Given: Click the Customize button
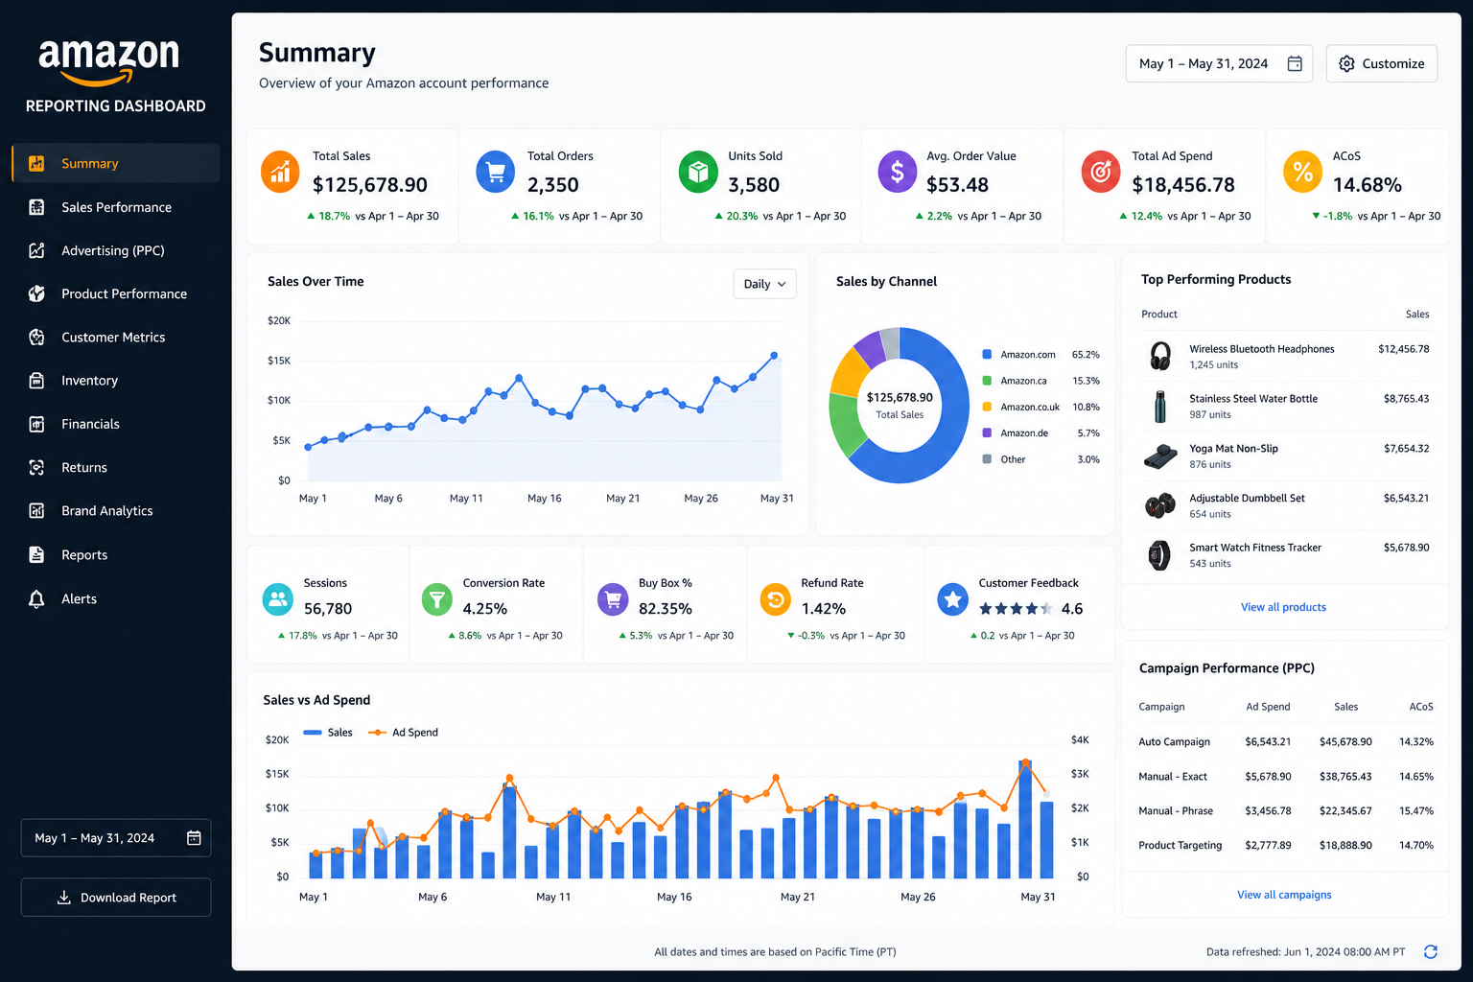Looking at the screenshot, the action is pyautogui.click(x=1382, y=64).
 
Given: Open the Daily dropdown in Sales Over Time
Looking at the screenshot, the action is pyautogui.click(x=764, y=284).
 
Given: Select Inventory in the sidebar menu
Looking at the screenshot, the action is pyautogui.click(x=89, y=380).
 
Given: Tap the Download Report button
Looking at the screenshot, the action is pyautogui.click(x=116, y=898).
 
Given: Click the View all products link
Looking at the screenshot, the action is pyautogui.click(x=1283, y=607).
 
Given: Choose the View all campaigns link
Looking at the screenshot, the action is pyautogui.click(x=1284, y=895).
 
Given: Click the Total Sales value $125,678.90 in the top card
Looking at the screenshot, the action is pyautogui.click(x=369, y=185).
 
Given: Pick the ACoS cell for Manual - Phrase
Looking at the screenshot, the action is pyautogui.click(x=1415, y=811).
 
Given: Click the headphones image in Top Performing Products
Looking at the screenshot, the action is pyautogui.click(x=1160, y=356).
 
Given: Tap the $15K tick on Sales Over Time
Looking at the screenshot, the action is pyautogui.click(x=279, y=361).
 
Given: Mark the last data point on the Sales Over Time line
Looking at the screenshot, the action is pyautogui.click(x=774, y=355).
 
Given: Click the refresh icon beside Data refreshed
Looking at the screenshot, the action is pyautogui.click(x=1430, y=951).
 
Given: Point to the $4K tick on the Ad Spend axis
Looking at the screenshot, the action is pyautogui.click(x=1080, y=740).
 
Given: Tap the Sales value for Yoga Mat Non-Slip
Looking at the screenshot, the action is pyautogui.click(x=1406, y=449).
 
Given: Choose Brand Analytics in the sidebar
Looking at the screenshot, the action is pyautogui.click(x=106, y=510).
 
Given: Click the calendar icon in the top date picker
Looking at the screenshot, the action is pyautogui.click(x=1295, y=63).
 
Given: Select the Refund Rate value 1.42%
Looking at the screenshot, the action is pyautogui.click(x=824, y=609).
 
